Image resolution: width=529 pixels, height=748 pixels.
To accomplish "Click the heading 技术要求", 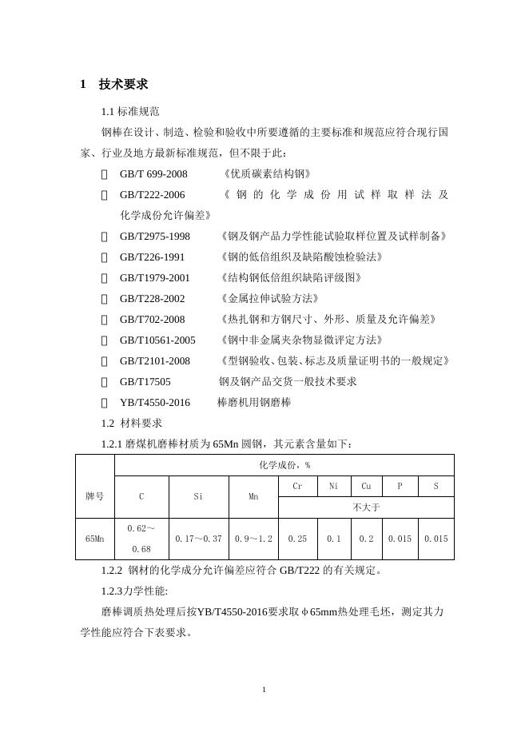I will click(123, 85).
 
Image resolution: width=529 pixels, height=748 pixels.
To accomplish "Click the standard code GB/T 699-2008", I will click(153, 173).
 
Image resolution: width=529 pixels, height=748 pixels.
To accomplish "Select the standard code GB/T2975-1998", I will click(155, 236).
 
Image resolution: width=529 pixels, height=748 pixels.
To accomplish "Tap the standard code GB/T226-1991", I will click(152, 257).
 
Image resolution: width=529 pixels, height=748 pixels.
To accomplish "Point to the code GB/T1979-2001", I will click(155, 277).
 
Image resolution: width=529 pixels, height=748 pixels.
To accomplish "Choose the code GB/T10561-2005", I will click(157, 340).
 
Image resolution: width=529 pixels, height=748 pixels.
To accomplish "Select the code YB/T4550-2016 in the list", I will click(155, 402).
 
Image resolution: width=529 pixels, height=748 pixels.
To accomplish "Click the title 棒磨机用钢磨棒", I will click(254, 402).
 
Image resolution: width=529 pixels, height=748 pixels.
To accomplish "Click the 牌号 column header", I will click(94, 496).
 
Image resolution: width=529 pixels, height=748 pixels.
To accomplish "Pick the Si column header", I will click(198, 496).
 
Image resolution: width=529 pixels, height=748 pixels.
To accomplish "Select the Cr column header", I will click(297, 486).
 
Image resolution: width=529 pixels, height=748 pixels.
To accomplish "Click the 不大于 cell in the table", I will click(365, 507).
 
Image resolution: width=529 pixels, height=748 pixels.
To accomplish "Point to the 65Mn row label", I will click(94, 539).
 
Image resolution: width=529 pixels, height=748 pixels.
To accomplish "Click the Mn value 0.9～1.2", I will click(253, 539).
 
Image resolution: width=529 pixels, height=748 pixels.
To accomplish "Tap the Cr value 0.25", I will click(297, 539).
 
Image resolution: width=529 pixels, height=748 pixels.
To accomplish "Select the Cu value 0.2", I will click(366, 539).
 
